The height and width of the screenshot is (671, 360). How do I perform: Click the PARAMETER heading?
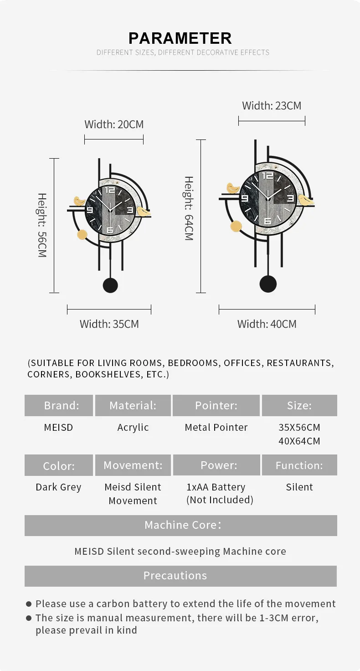(x=180, y=38)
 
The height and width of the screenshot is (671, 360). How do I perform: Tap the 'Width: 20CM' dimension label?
(x=114, y=124)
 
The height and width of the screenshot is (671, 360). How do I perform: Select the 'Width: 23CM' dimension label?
(x=272, y=106)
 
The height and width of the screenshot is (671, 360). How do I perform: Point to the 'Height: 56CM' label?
(x=42, y=225)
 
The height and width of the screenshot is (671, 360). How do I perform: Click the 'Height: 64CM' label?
(x=189, y=208)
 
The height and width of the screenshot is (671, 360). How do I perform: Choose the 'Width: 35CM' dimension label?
(x=109, y=324)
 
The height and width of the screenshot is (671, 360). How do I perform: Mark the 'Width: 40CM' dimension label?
(x=267, y=324)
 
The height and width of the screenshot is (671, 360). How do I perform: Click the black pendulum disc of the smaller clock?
(x=110, y=285)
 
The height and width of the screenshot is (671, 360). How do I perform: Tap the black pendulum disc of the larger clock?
(x=268, y=284)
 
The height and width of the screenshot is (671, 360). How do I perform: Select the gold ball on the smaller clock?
(x=82, y=235)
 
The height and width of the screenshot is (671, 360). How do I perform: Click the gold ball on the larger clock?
(x=236, y=226)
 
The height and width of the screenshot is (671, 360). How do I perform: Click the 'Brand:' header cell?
(x=59, y=405)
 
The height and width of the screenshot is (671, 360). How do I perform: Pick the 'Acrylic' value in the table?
(x=133, y=428)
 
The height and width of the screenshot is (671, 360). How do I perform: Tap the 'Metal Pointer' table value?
(x=216, y=428)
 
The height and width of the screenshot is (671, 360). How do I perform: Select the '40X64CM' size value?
(x=299, y=441)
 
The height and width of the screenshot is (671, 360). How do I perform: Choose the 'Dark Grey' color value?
(x=58, y=487)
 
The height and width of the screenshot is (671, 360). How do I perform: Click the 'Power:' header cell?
(x=216, y=465)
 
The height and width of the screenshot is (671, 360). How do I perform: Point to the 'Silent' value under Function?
(x=299, y=487)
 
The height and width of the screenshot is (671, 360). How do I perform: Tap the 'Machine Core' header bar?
(x=180, y=525)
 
